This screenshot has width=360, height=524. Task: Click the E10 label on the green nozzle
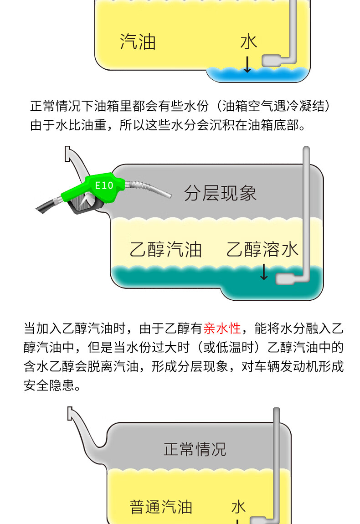[104, 185]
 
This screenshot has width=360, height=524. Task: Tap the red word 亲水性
[222, 328]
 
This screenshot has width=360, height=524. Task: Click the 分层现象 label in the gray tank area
[220, 193]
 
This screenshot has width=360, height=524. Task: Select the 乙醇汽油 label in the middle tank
[165, 249]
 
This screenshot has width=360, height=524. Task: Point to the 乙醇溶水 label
[262, 249]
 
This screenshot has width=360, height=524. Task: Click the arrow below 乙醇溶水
[264, 272]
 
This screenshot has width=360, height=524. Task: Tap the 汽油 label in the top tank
[138, 42]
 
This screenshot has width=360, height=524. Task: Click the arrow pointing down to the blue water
[247, 64]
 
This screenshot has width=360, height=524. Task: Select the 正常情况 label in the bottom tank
[195, 449]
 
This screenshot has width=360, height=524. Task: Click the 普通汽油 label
[161, 507]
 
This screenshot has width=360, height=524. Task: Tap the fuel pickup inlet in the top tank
[271, 61]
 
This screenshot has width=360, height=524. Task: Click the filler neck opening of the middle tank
[67, 154]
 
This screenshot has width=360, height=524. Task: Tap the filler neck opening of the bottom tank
[70, 413]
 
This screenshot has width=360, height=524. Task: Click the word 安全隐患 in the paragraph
[49, 385]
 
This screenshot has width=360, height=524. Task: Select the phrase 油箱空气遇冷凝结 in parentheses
[273, 106]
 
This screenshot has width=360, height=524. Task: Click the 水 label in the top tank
[249, 42]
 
